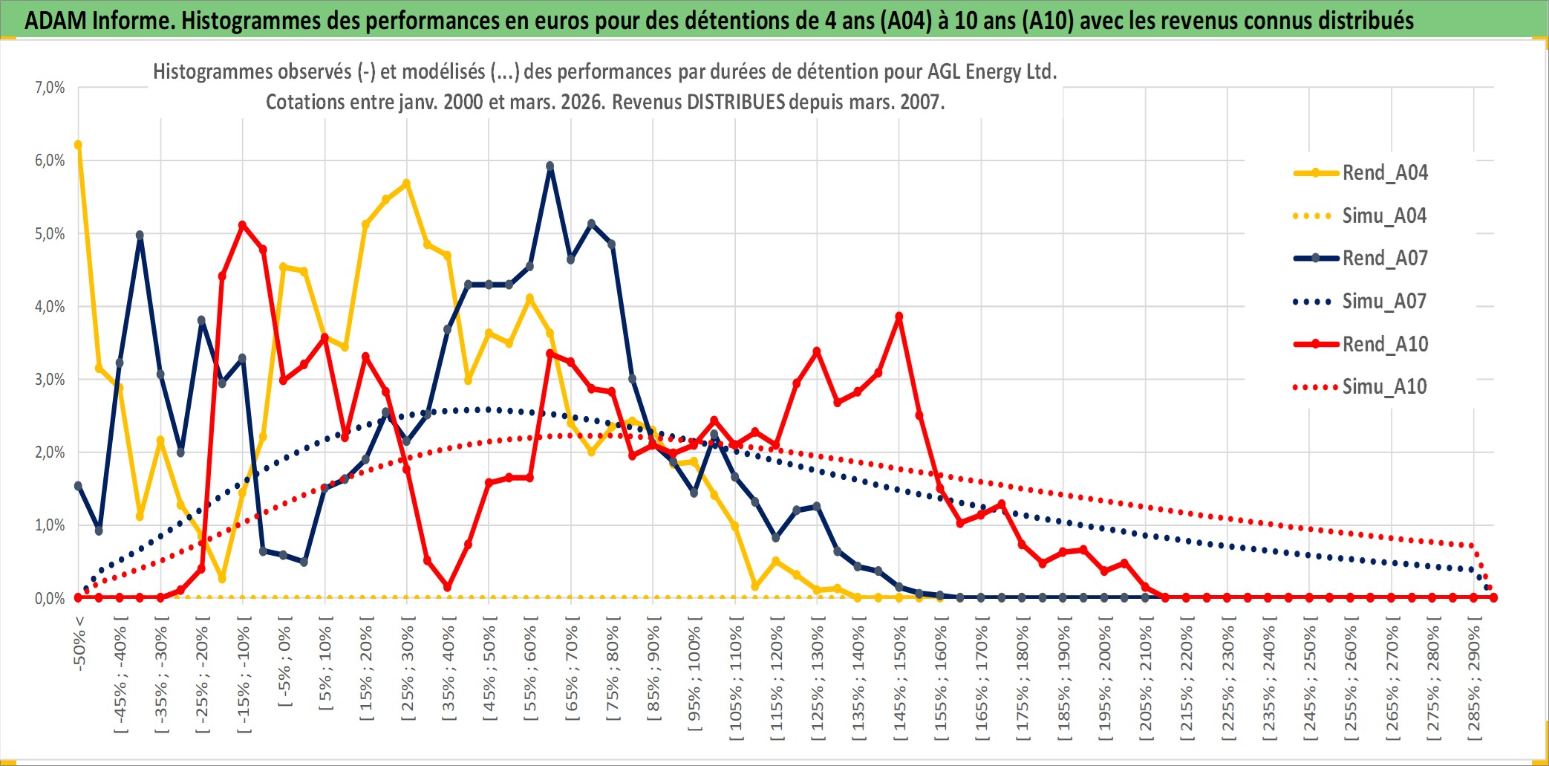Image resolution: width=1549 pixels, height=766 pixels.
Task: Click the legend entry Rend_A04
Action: (1384, 173)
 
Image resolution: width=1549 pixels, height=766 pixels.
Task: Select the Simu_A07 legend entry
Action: (1384, 302)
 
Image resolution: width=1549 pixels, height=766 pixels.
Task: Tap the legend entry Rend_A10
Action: (1384, 344)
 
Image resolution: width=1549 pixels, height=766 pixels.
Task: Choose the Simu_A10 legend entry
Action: (1384, 387)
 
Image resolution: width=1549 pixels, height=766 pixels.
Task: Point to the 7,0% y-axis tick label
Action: (50, 88)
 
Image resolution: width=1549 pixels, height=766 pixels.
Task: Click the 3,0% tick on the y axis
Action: (50, 380)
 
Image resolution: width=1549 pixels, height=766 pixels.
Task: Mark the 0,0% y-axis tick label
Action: (50, 599)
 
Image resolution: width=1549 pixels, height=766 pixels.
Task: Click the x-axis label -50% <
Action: (79, 643)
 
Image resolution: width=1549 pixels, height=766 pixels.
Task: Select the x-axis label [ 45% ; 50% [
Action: (489, 672)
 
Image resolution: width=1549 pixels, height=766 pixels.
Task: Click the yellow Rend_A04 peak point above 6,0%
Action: (78, 145)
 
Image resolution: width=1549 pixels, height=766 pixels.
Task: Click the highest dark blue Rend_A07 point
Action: (550, 166)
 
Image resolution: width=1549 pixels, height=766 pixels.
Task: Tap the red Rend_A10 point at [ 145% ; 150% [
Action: (899, 317)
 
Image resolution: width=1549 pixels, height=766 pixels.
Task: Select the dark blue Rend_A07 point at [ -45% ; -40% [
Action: (120, 363)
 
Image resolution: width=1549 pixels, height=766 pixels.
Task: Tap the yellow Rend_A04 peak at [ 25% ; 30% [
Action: (406, 183)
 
